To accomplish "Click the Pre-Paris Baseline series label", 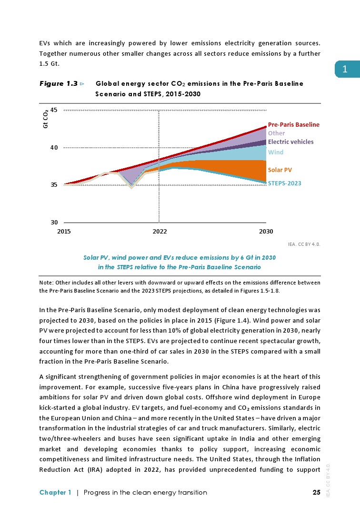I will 293,124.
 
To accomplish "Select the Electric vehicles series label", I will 290,142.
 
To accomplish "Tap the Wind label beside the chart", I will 276,152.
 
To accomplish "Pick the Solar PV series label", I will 280,170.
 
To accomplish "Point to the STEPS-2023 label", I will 284,183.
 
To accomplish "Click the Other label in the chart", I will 276,133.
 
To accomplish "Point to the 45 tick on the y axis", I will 54,110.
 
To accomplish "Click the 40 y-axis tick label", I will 54,148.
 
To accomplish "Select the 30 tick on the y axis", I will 54,223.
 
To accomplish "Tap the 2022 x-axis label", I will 160,232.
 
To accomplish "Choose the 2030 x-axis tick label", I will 266,232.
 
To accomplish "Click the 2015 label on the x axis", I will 64,232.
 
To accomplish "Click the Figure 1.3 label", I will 59,84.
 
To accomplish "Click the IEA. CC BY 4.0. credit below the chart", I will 304,244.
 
